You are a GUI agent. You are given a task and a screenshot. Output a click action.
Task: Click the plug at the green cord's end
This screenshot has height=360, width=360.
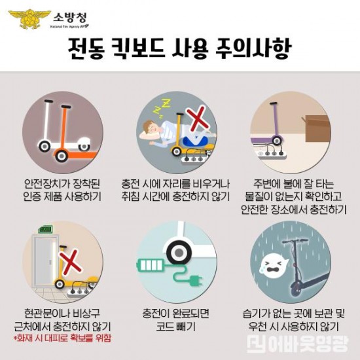pyautogui.click(x=195, y=283)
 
